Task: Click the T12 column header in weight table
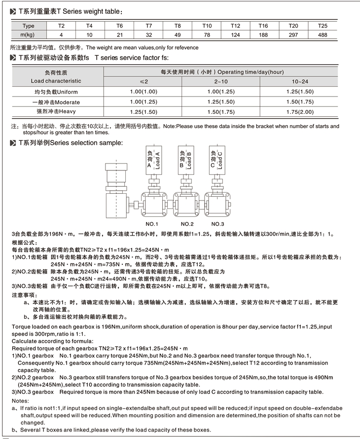[235, 26]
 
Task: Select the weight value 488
[323, 35]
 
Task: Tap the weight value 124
[235, 35]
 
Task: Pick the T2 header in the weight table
[61, 26]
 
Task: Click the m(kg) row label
[28, 35]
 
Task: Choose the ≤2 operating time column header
[143, 81]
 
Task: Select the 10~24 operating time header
[299, 81]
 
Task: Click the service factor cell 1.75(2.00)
[299, 112]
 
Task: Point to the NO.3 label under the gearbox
[217, 223]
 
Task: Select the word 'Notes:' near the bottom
[20, 401]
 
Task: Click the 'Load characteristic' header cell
[56, 81]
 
